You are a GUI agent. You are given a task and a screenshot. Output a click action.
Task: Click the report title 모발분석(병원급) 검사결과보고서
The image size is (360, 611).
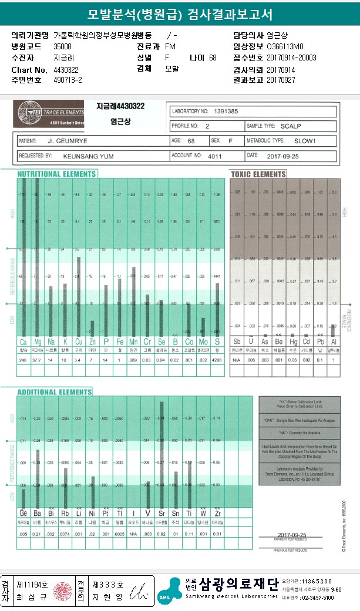tap(180, 14)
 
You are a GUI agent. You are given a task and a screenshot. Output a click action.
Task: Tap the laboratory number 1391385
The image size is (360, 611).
tap(225, 111)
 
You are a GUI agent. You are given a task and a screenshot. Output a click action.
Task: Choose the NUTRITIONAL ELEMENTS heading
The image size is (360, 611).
tap(57, 174)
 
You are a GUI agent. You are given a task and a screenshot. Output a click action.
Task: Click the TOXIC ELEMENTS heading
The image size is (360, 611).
tap(258, 174)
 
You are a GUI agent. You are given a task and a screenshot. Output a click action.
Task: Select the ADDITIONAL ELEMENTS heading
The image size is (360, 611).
tap(55, 392)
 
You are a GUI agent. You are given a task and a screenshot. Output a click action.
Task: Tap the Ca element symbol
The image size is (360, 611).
tap(23, 341)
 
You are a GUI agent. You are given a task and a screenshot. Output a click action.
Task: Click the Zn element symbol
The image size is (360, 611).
tap(91, 341)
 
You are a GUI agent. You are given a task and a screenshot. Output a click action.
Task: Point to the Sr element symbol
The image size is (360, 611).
tap(162, 513)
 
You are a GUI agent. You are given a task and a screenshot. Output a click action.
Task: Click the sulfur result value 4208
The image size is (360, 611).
tap(217, 359)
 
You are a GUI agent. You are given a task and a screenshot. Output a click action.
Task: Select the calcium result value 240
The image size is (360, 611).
tap(23, 359)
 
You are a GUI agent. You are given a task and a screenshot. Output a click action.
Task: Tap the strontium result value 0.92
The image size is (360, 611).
tap(162, 534)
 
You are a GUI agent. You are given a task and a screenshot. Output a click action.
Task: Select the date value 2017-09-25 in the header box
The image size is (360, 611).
tap(284, 157)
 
